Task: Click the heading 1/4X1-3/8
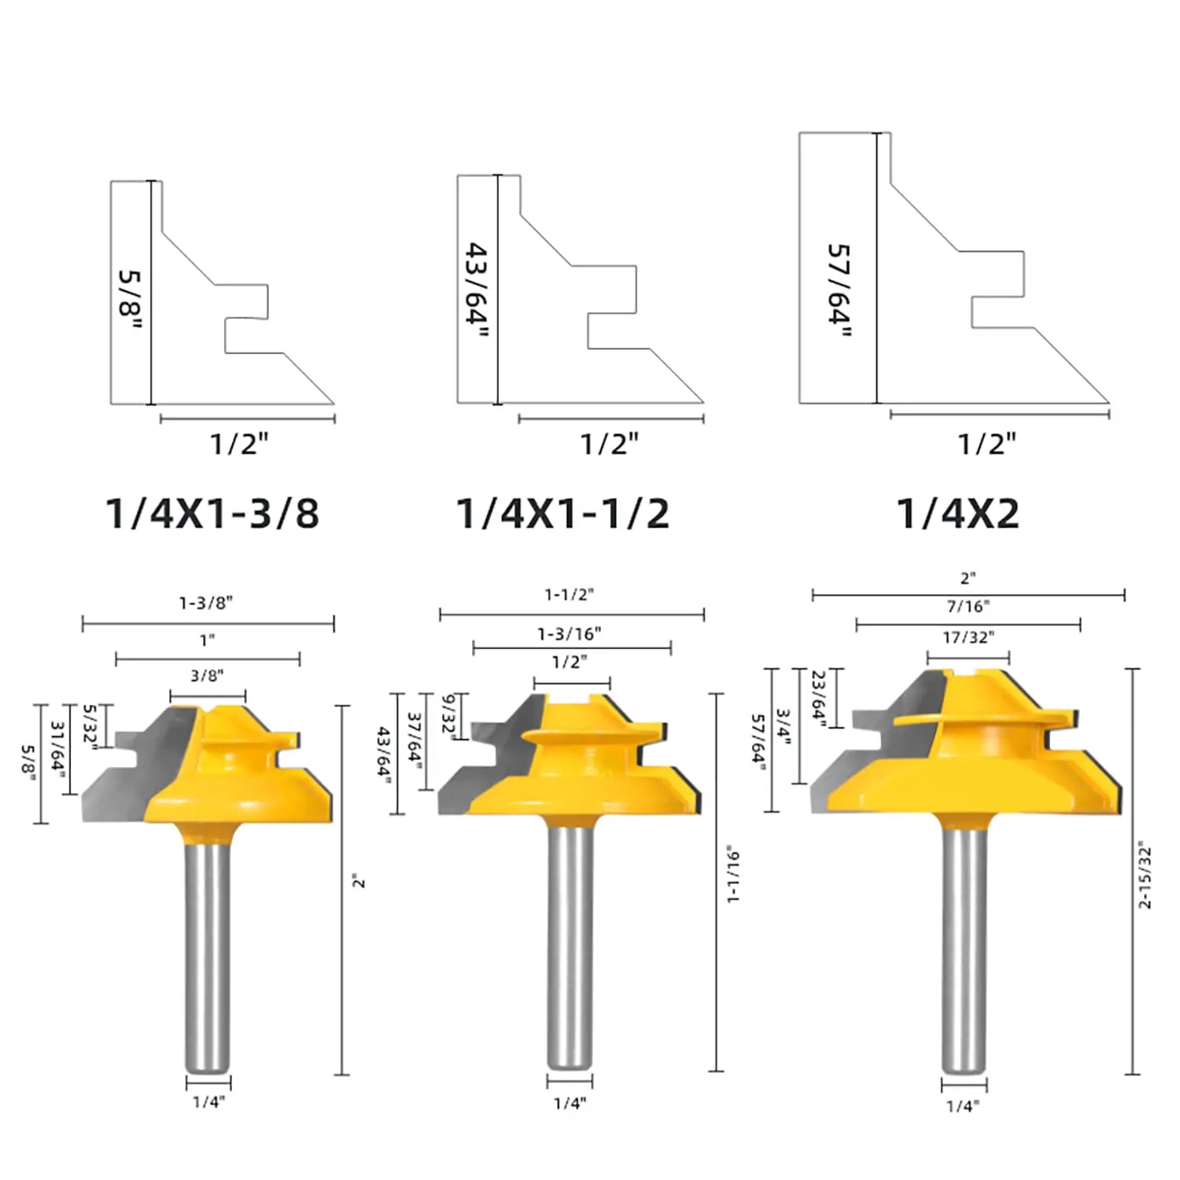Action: point(212,514)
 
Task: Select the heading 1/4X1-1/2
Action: point(563,514)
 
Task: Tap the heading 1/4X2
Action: point(958,514)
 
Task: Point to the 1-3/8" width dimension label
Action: point(206,603)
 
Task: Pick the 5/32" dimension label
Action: point(90,727)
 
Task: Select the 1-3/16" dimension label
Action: point(570,633)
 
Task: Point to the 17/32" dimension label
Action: point(968,637)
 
